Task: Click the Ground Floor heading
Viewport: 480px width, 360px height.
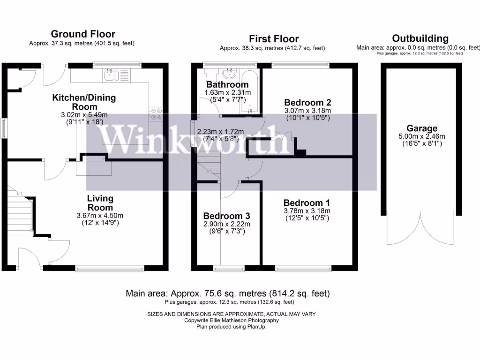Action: click(x=83, y=34)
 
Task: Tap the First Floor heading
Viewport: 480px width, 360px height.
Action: click(x=273, y=38)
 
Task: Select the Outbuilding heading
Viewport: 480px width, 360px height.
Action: click(x=420, y=38)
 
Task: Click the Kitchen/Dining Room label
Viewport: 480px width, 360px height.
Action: click(x=84, y=102)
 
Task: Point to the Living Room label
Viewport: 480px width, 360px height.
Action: click(x=100, y=203)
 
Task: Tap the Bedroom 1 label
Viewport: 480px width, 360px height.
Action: click(x=307, y=203)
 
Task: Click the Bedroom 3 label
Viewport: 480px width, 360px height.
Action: click(x=226, y=216)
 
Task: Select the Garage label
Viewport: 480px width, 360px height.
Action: click(x=422, y=128)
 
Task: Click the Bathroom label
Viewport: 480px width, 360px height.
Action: click(x=227, y=85)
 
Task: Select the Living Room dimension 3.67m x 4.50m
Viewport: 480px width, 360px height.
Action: click(x=100, y=216)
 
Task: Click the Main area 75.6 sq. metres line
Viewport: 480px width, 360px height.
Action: click(x=228, y=293)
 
